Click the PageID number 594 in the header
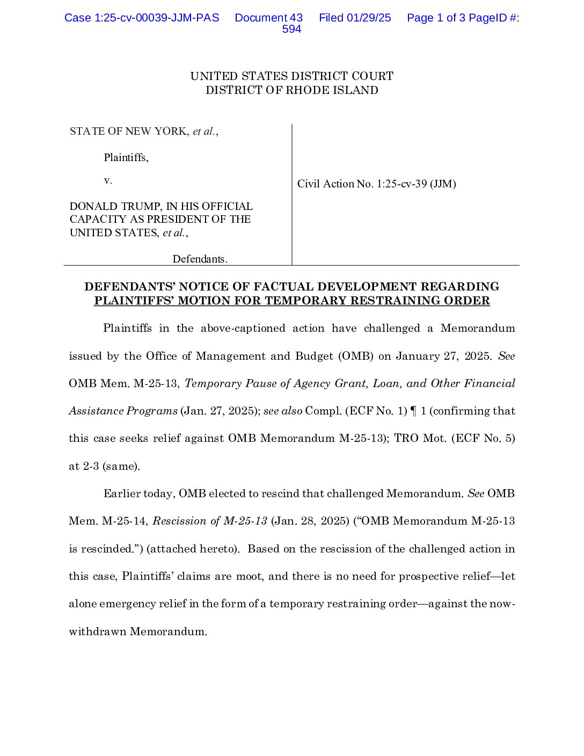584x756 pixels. click(x=291, y=30)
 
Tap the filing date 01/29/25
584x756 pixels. click(x=369, y=18)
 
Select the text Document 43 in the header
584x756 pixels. click(x=268, y=18)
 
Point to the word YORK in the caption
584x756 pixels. click(x=171, y=132)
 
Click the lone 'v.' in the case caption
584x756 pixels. click(x=108, y=180)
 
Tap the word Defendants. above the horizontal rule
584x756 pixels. click(x=200, y=259)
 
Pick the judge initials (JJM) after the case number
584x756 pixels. click(x=443, y=184)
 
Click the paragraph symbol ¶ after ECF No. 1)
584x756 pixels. click(x=413, y=411)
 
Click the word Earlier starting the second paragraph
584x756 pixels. click(x=121, y=494)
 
